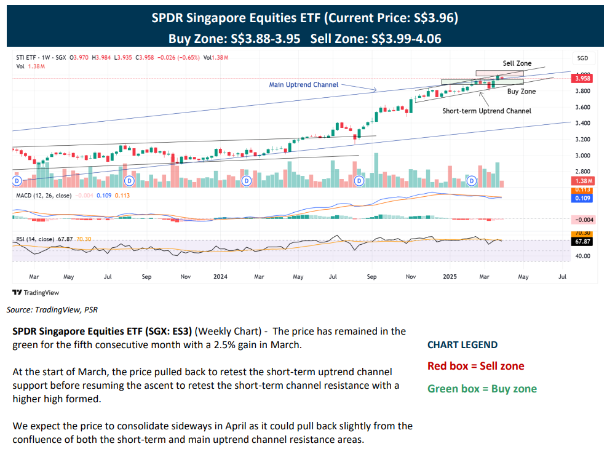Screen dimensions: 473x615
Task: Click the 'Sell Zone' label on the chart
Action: (x=517, y=63)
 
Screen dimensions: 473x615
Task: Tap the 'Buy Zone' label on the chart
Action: (x=521, y=92)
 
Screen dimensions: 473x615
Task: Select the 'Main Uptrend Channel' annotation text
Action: (x=304, y=84)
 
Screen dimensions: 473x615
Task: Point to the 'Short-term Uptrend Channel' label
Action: (x=486, y=111)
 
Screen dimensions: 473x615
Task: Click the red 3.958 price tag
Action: (x=582, y=79)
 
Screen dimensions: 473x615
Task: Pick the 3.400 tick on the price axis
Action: (x=582, y=123)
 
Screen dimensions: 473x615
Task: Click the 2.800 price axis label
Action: (x=582, y=171)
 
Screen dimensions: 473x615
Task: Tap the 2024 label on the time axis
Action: (x=220, y=277)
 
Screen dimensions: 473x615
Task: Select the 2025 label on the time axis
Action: (x=451, y=277)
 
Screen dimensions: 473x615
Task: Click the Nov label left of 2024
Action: (x=185, y=277)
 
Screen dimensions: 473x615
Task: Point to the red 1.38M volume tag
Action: (x=582, y=181)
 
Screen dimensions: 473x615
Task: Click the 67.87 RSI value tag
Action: (x=582, y=242)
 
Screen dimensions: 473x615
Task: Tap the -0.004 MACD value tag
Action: (x=582, y=220)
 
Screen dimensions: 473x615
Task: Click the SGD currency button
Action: (x=582, y=58)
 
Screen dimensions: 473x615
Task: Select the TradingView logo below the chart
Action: (x=36, y=293)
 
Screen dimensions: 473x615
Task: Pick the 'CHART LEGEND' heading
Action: (x=462, y=345)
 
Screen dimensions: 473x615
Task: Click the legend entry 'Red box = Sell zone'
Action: (x=476, y=367)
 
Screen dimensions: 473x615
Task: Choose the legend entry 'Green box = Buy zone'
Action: (x=482, y=389)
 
